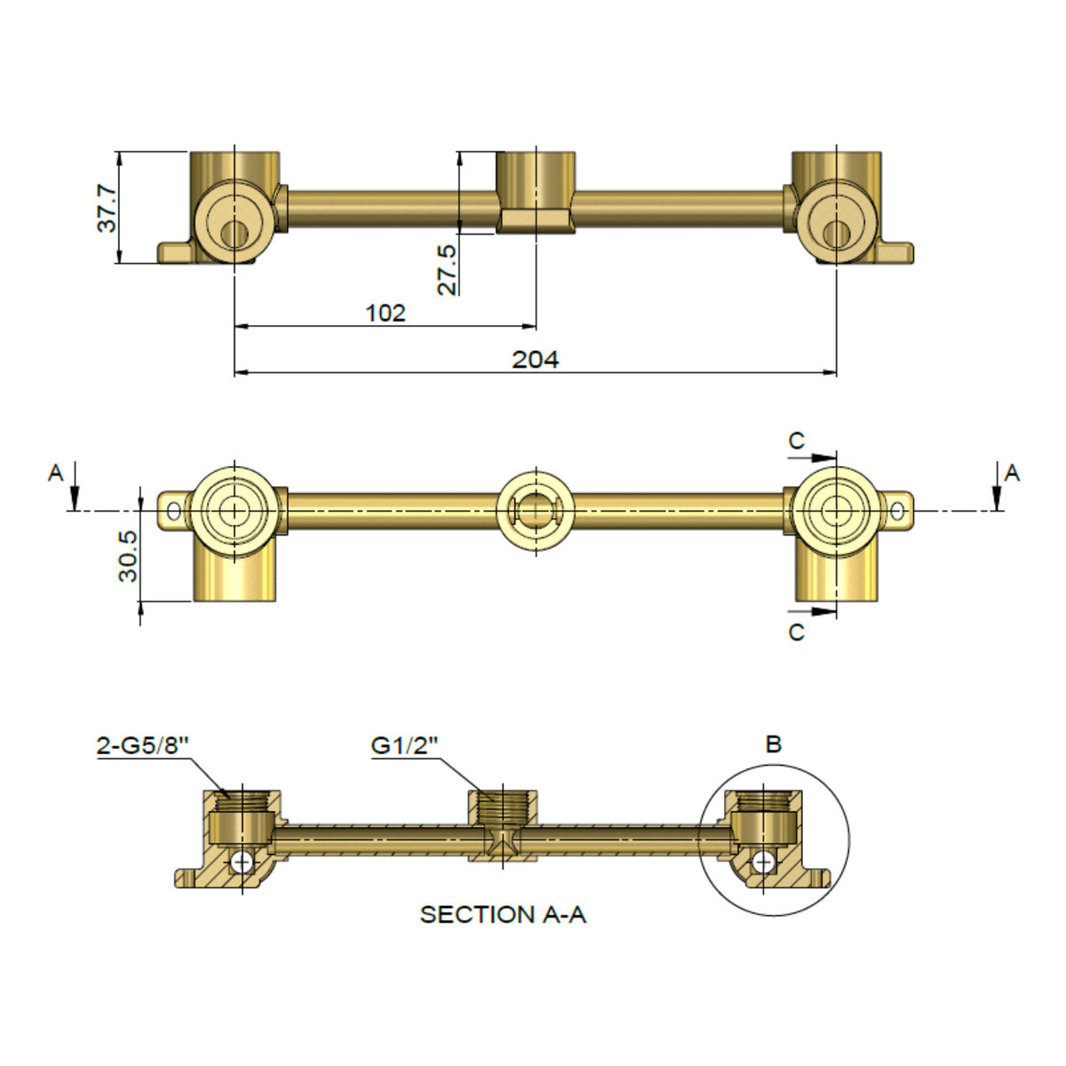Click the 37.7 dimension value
coord(107,209)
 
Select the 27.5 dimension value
coord(447,270)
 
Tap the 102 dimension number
coord(386,314)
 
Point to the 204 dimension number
coord(535,360)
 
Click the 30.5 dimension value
coord(128,556)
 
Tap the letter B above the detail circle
coord(774,744)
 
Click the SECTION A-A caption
coord(503,914)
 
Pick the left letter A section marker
coord(56,473)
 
